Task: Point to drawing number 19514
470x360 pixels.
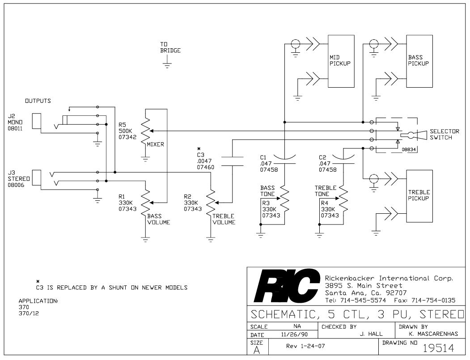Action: click(439, 348)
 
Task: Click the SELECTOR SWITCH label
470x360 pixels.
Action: click(444, 134)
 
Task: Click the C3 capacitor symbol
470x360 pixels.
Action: click(232, 161)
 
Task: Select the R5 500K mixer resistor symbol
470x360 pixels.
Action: click(145, 131)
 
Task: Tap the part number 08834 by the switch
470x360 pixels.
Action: click(409, 149)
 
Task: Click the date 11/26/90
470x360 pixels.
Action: click(294, 334)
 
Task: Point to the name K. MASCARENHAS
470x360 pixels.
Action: click(433, 334)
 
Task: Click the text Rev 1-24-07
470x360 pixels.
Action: click(305, 346)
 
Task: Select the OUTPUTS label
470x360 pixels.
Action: click(38, 101)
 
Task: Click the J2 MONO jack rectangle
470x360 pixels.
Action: click(37, 121)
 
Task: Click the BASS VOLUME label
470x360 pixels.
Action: click(159, 219)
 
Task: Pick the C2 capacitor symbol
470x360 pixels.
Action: click(343, 159)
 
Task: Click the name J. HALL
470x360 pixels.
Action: click(371, 334)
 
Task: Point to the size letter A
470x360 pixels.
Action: click(257, 350)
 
